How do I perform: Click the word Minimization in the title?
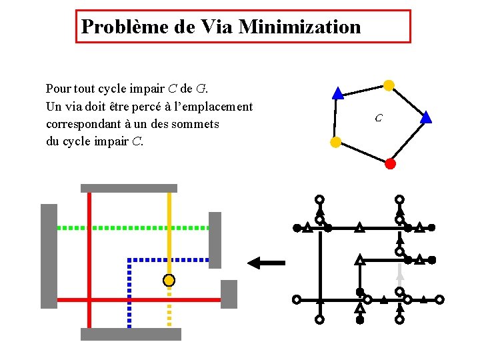pyautogui.click(x=299, y=27)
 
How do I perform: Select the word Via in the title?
pyautogui.click(x=217, y=27)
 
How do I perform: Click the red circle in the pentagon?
pyautogui.click(x=391, y=163)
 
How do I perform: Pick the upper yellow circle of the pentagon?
pyautogui.click(x=389, y=85)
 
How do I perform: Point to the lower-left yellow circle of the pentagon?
pyautogui.click(x=336, y=141)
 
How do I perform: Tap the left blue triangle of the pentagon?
pyautogui.click(x=337, y=94)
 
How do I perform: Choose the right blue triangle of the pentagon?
pyautogui.click(x=427, y=118)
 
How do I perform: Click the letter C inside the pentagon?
pyautogui.click(x=378, y=119)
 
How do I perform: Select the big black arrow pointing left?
pyautogui.click(x=265, y=263)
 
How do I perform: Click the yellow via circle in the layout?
pyautogui.click(x=169, y=280)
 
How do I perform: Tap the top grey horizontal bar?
pyautogui.click(x=129, y=188)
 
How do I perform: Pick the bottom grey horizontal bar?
pyautogui.click(x=131, y=334)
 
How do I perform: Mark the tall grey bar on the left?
pyautogui.click(x=49, y=256)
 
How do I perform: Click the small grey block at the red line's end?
pyautogui.click(x=229, y=294)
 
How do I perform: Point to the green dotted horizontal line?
pyautogui.click(x=133, y=227)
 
